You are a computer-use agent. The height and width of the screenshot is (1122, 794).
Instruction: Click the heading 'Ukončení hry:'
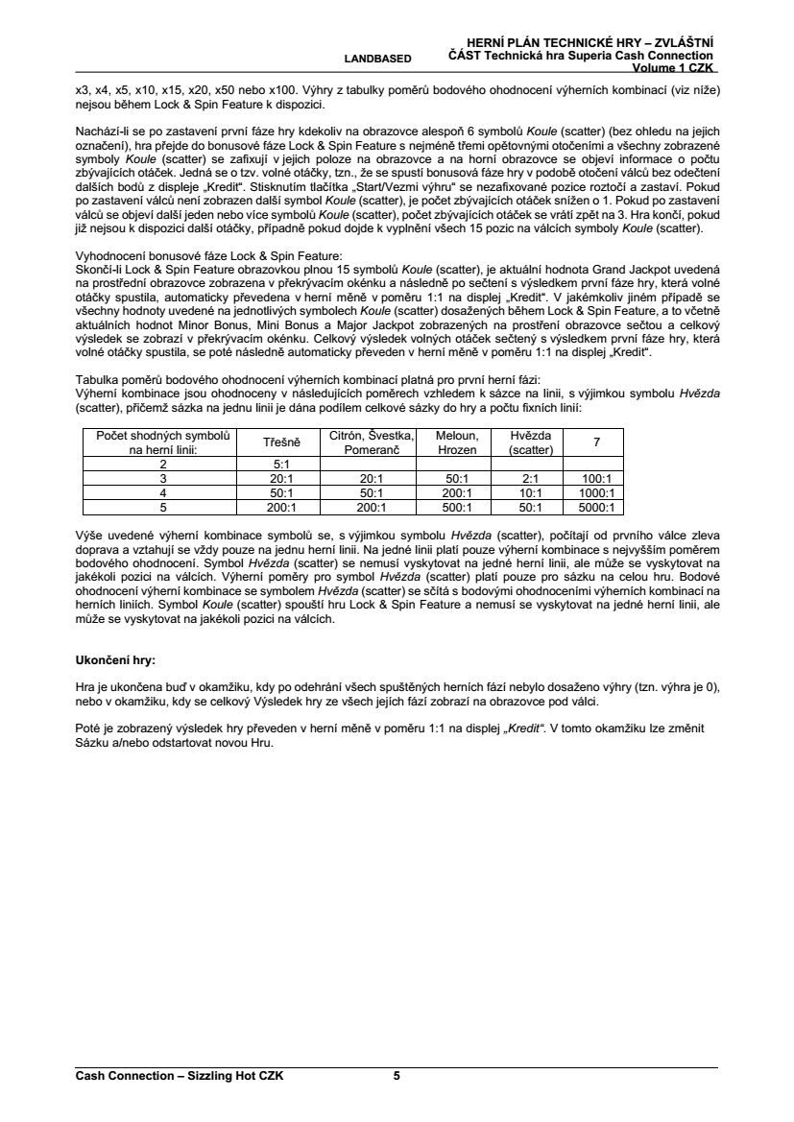click(115, 661)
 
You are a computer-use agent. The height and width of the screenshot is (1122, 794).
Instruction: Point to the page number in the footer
click(397, 1076)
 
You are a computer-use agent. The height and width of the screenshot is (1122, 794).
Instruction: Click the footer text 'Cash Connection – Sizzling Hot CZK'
click(180, 1076)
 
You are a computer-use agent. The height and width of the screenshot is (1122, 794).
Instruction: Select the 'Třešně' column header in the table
click(282, 442)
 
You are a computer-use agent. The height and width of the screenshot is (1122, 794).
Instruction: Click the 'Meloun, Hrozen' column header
click(456, 442)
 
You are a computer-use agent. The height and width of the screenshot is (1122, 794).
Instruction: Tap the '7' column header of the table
click(597, 442)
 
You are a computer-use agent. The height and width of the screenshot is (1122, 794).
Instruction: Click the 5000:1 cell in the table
click(597, 508)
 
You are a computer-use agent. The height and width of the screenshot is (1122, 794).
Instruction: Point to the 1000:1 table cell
click(597, 493)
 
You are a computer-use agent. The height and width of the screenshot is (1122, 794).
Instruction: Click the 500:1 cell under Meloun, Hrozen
click(456, 508)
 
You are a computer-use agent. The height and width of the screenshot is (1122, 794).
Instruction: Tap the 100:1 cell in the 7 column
click(597, 478)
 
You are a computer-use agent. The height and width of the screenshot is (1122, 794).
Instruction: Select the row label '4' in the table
click(163, 493)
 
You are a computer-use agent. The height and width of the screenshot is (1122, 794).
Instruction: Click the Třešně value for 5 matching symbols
click(282, 508)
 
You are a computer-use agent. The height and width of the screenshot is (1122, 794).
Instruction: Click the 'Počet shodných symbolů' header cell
click(163, 442)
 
